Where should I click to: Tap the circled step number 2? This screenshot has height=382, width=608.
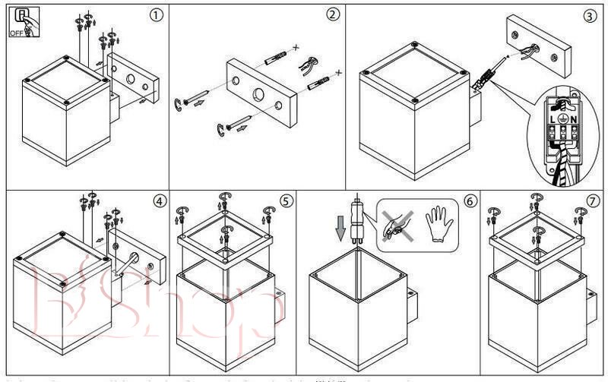[x=332, y=14]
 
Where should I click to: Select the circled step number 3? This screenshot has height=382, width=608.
[x=590, y=14]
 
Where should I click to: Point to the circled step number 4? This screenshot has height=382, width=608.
[x=158, y=200]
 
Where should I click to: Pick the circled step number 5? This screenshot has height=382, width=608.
[x=286, y=200]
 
